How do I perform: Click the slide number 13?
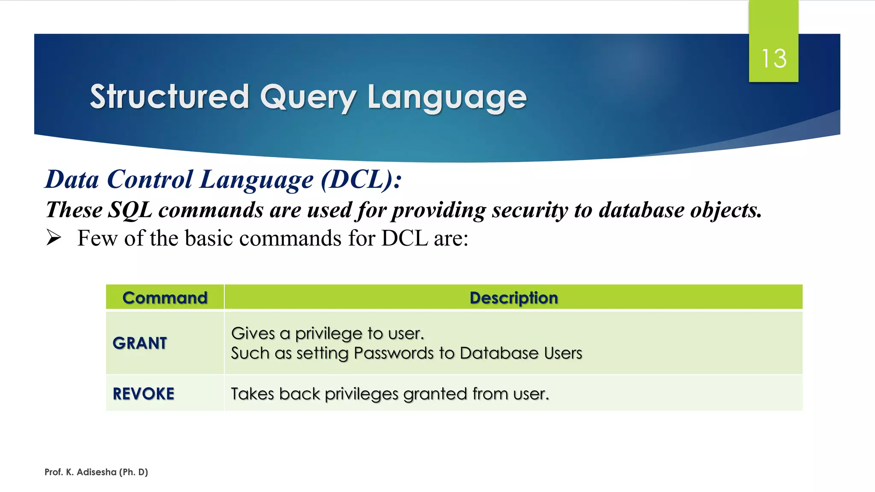coord(774,59)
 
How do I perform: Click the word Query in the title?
coord(308,97)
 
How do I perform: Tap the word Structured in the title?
coord(169,97)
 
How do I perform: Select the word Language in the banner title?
coord(447,97)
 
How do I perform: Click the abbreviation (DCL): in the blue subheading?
coord(361,179)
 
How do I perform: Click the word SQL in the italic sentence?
coord(129,210)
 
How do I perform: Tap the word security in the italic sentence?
coord(530,210)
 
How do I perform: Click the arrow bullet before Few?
coord(54,237)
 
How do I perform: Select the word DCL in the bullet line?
coord(404,238)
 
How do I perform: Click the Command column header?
coord(165,298)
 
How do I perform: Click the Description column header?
coord(514,298)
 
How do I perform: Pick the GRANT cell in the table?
coord(140,343)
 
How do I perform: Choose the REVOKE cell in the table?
coord(144,394)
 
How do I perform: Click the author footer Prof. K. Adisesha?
coord(96,472)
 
